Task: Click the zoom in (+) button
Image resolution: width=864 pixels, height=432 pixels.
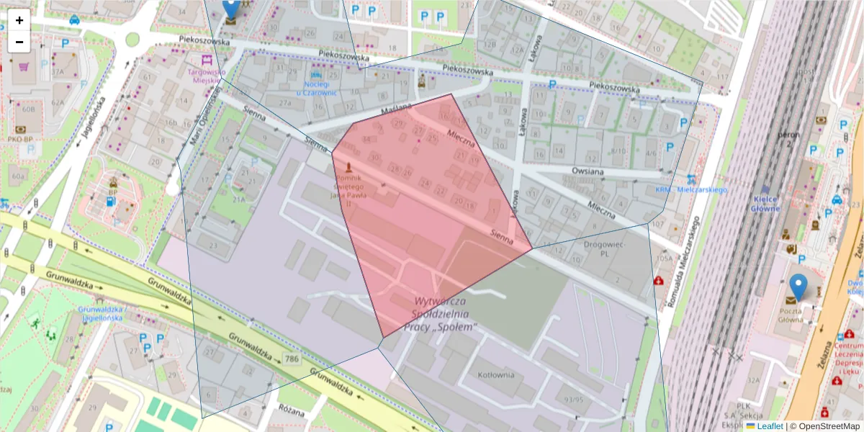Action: point(19,20)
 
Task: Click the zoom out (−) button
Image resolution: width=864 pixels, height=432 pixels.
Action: point(19,42)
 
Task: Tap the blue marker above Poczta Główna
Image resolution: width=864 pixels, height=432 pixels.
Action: point(798,287)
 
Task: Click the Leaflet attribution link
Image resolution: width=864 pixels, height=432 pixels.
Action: point(770,426)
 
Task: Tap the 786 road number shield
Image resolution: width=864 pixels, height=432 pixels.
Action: point(291,359)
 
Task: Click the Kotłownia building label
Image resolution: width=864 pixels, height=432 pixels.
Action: point(495,374)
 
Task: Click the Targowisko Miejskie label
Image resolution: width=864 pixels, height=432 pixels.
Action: point(207,76)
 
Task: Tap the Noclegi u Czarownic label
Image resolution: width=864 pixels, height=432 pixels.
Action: point(316,88)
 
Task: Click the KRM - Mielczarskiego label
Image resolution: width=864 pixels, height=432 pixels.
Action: point(690,189)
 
